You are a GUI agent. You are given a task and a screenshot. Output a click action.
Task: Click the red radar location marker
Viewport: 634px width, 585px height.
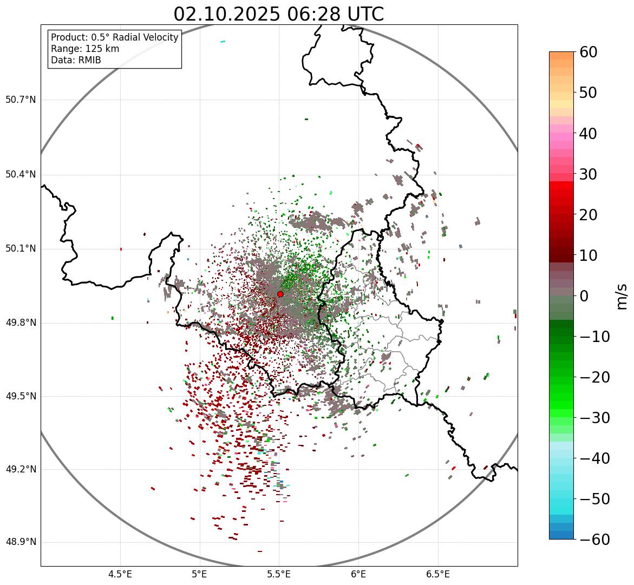(x=280, y=294)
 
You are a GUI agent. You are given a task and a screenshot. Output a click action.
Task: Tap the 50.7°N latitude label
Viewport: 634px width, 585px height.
(x=21, y=100)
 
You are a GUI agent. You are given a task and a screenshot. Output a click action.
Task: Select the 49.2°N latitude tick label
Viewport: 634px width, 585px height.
(x=21, y=469)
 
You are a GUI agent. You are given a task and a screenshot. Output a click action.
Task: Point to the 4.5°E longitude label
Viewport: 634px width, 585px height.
(x=120, y=574)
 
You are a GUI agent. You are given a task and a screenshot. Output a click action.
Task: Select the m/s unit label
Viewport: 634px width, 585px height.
(x=622, y=295)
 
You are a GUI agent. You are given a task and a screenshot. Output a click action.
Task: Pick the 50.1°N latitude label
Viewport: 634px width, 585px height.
(x=21, y=249)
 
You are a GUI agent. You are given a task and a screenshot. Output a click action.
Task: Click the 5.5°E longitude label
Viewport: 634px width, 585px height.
(x=279, y=574)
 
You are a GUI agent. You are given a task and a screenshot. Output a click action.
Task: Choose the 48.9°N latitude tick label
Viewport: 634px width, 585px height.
(x=21, y=542)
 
